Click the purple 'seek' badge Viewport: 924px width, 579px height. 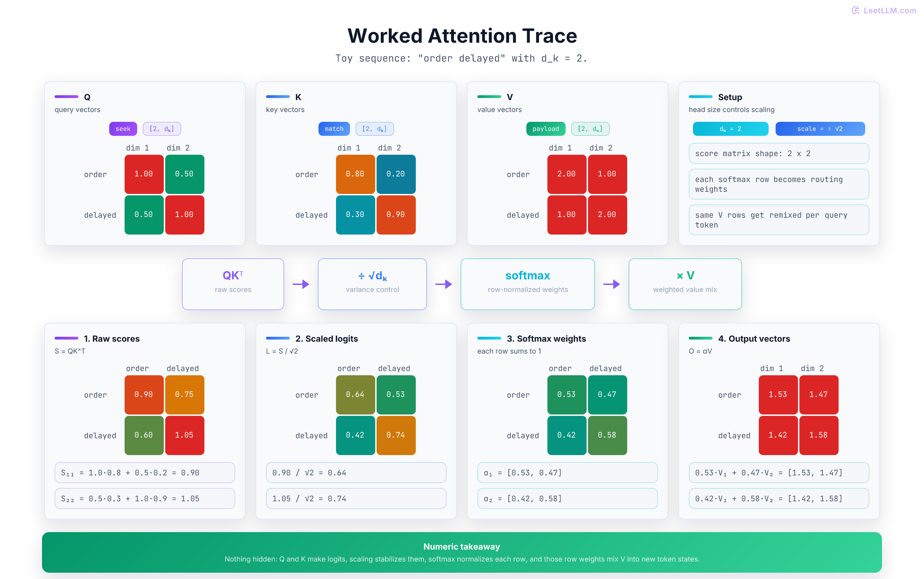[123, 129]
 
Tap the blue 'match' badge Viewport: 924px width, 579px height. [334, 129]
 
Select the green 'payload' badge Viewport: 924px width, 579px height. [545, 129]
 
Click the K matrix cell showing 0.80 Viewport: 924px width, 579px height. [355, 174]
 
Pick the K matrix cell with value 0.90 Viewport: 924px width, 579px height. [396, 215]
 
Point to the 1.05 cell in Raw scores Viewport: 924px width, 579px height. [184, 435]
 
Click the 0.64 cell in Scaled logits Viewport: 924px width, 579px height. [355, 395]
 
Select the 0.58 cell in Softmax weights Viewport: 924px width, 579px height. [607, 435]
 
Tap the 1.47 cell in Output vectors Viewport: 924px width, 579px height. [818, 395]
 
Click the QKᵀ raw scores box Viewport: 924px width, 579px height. [233, 284]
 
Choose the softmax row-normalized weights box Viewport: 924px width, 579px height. [527, 284]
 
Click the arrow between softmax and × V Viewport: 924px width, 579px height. [611, 284]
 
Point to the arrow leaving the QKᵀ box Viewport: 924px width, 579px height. [301, 284]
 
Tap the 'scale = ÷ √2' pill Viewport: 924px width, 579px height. [820, 129]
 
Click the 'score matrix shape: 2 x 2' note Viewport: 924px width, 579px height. [778, 153]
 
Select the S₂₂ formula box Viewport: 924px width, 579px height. [145, 498]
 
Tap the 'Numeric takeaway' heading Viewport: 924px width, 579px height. [462, 546]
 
